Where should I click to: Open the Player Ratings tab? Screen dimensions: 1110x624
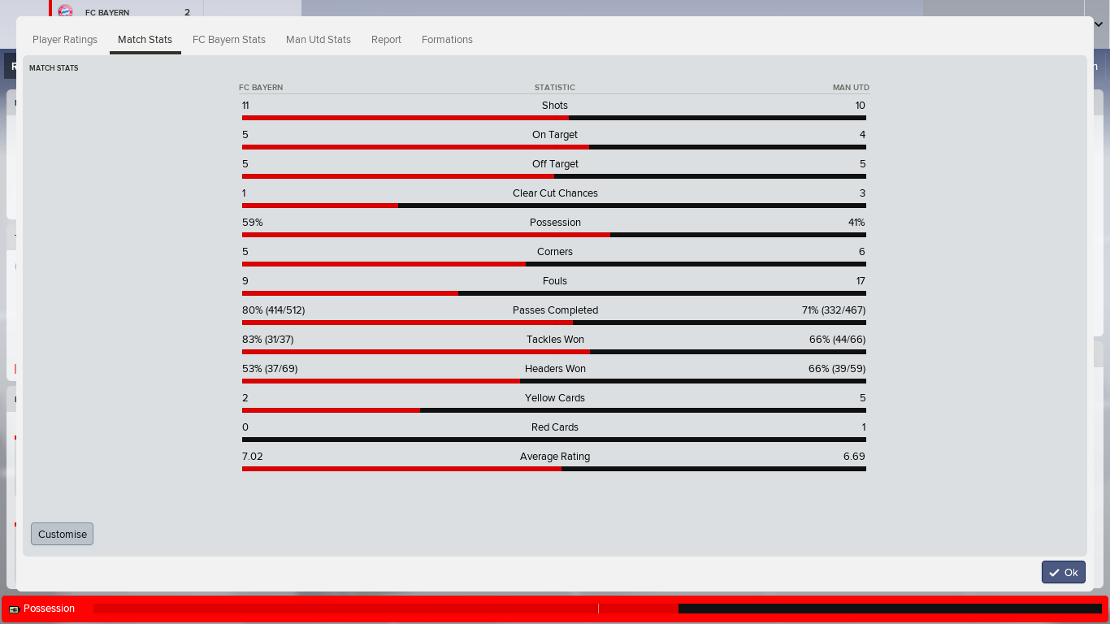click(65, 40)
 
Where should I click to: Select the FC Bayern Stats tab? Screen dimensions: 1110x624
click(229, 40)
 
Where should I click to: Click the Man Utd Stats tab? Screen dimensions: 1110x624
click(319, 40)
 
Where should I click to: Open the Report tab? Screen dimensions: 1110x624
click(386, 40)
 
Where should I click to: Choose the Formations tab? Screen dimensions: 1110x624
click(447, 40)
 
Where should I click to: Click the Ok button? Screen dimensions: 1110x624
click(1064, 572)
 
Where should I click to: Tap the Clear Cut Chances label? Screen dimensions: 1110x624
click(555, 193)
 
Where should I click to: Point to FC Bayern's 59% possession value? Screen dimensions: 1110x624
click(252, 223)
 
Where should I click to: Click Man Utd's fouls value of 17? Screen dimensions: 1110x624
click(861, 281)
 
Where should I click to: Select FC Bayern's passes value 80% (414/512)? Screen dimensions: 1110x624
click(274, 310)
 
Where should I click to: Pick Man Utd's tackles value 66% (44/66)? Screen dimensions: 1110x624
click(838, 340)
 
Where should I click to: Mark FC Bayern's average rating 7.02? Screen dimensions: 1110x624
click(252, 457)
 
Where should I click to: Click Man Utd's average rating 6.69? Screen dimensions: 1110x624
click(854, 457)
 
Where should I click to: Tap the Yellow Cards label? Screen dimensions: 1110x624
click(555, 398)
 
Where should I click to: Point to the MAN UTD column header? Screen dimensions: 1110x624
click(851, 87)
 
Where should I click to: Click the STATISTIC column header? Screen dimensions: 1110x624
click(554, 87)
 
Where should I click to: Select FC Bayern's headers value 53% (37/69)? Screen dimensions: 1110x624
click(270, 369)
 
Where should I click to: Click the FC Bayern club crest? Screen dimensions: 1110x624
click(65, 11)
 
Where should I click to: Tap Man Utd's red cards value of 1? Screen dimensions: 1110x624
click(863, 427)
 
